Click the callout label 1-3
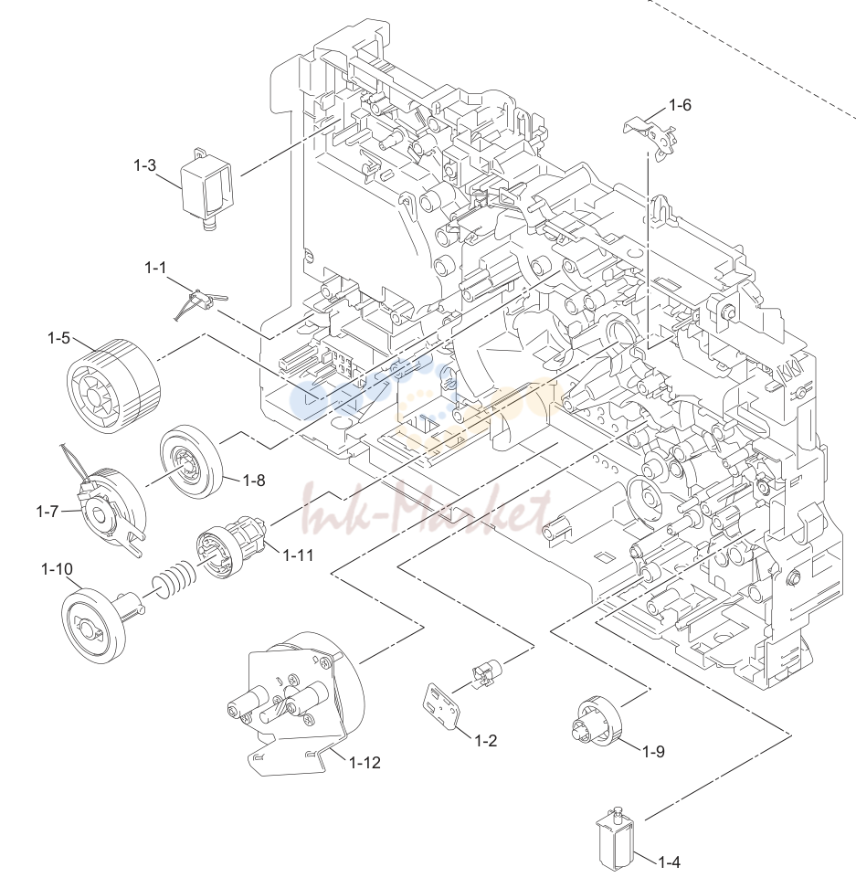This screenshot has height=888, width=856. click(x=144, y=165)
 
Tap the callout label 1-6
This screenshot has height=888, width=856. click(x=680, y=105)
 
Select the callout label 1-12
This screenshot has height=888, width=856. click(x=365, y=762)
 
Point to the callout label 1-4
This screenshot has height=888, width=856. click(x=669, y=862)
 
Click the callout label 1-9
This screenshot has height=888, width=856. click(x=653, y=752)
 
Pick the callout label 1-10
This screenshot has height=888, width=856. click(x=57, y=568)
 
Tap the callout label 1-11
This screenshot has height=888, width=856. click(x=298, y=555)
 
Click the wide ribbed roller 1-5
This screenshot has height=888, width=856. click(x=113, y=386)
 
